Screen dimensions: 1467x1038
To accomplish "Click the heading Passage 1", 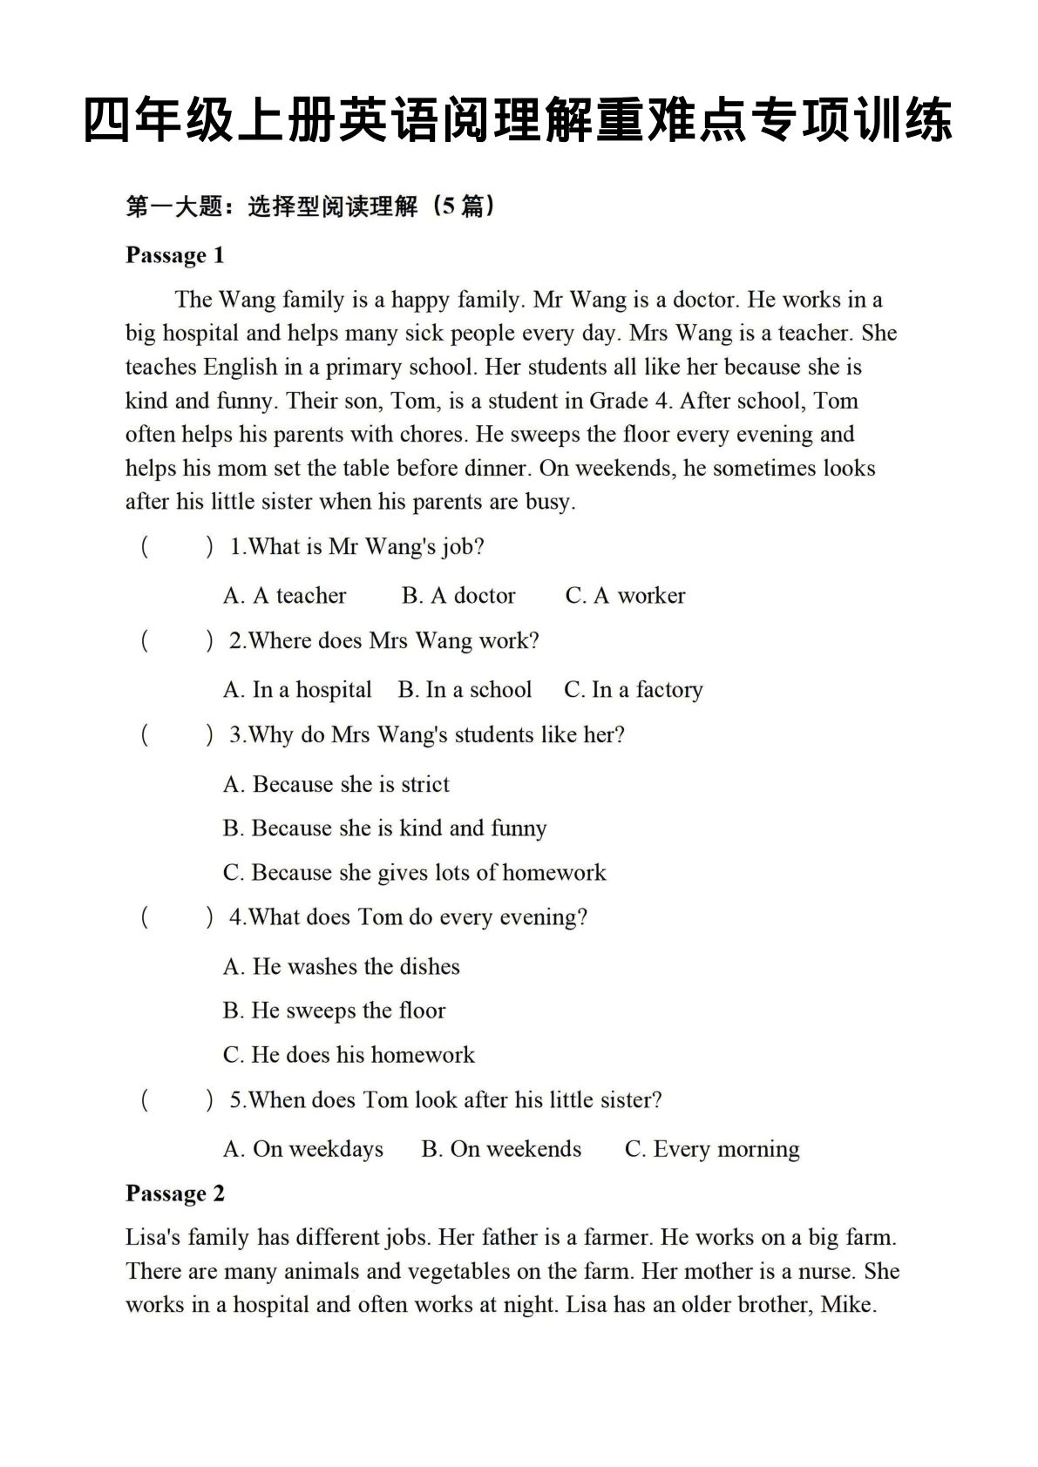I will coord(174,255).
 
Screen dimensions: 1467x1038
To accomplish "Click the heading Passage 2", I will coord(174,1193).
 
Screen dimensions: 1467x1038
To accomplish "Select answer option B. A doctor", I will coord(458,596).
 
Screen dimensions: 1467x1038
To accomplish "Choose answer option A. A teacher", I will coord(284,596).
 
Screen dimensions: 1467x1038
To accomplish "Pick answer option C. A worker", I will coord(625,596).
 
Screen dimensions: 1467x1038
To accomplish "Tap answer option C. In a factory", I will coord(633,690).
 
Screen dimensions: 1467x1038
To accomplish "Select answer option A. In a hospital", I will coord(297,690).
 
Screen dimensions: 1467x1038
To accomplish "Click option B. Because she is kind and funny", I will coord(384,828).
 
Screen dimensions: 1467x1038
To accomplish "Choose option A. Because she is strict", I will coord(336,784).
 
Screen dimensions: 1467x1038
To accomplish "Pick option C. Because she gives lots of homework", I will coord(414,873).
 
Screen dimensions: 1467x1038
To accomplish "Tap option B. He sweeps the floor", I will coord(334,1011).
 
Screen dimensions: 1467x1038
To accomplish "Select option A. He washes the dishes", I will coord(341,967).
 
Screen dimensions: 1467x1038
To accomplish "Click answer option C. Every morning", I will coord(712,1149).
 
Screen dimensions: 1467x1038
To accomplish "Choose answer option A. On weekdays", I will coord(302,1149).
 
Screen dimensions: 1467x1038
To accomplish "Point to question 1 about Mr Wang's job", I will coord(356,547).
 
